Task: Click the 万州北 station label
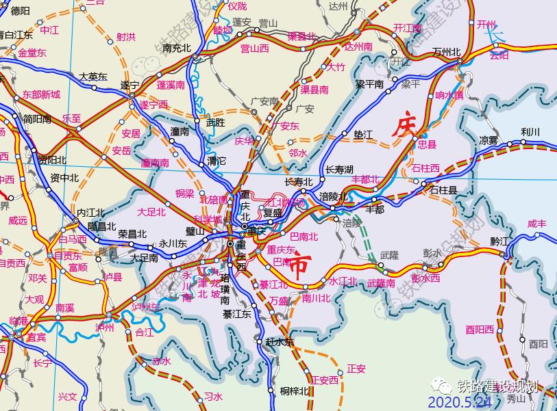(x=447, y=53)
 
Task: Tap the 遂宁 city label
(x=129, y=85)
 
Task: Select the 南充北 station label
(x=177, y=48)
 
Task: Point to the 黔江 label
(x=501, y=241)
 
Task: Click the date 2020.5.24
(x=459, y=402)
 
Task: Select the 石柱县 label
(x=443, y=191)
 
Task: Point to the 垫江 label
(x=362, y=135)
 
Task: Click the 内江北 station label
(x=90, y=212)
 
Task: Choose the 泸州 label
(x=105, y=328)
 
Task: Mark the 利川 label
(x=530, y=132)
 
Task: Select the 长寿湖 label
(x=339, y=169)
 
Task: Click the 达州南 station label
(x=358, y=47)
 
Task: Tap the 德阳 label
(x=21, y=10)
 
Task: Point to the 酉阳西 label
(x=479, y=330)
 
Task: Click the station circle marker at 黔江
(x=504, y=255)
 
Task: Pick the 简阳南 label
(x=37, y=119)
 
